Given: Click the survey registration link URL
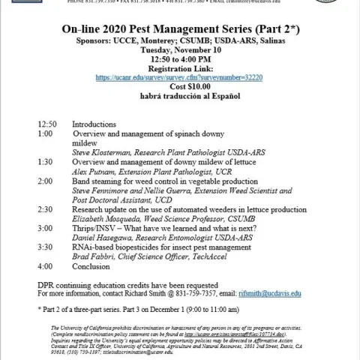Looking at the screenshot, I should click(x=180, y=76).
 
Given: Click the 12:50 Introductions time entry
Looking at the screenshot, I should click(x=46, y=123).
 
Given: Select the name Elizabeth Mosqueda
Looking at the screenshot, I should click(x=106, y=220).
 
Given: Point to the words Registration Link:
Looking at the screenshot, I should click(x=180, y=67).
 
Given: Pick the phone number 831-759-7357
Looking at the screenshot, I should click(x=194, y=294).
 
